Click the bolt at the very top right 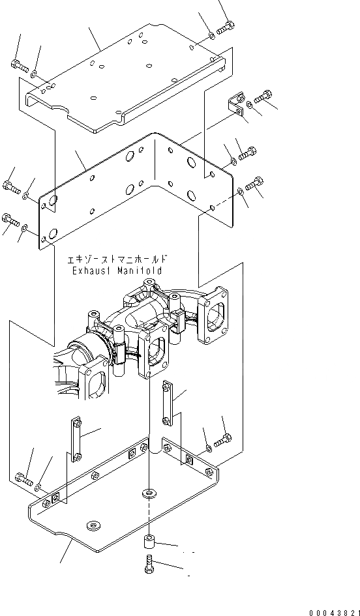point(225,27)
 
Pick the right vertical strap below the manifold point(167,402)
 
